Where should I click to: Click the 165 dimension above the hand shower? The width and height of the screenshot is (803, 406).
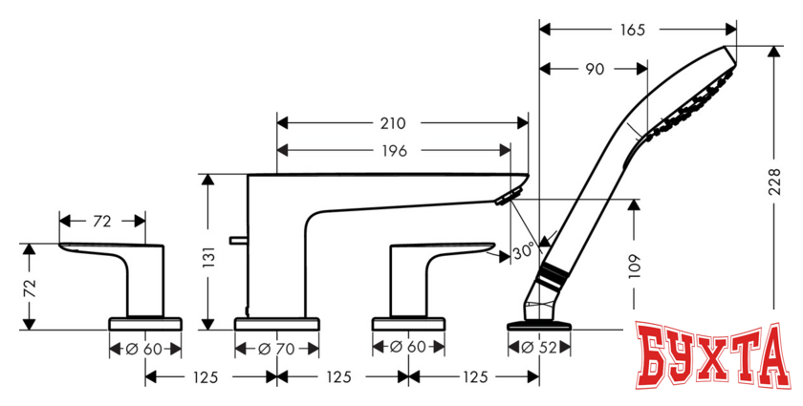tap(630, 30)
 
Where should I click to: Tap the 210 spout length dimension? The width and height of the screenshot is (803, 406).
tap(393, 123)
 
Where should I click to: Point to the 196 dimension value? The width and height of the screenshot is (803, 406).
tap(393, 150)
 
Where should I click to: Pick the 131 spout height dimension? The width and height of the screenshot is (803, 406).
tap(211, 255)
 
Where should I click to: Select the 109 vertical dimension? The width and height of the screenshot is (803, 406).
tap(637, 263)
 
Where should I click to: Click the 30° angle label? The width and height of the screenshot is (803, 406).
tap(523, 253)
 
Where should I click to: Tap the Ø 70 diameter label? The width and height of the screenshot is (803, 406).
tap(276, 349)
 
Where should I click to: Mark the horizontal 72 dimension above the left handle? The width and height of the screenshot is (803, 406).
tap(102, 221)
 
